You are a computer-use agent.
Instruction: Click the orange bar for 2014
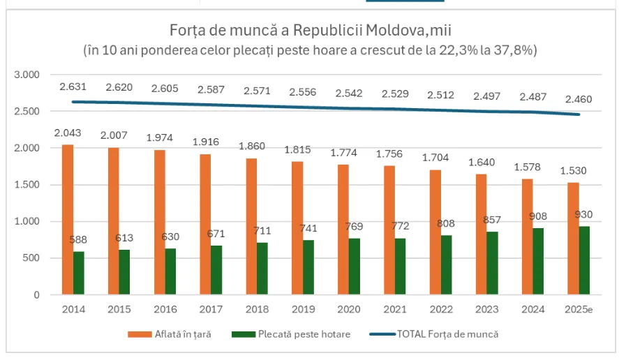tap(67, 220)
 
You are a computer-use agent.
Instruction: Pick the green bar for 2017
tap(217, 270)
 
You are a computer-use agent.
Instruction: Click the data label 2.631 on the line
tap(73, 87)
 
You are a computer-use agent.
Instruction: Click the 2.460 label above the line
tap(578, 99)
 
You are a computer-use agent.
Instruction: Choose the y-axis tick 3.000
tap(27, 75)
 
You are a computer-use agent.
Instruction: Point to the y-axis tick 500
tap(32, 258)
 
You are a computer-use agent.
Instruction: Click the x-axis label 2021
tap(396, 309)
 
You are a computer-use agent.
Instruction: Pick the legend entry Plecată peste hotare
tap(299, 334)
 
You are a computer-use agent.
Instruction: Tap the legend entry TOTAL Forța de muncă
tap(447, 334)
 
